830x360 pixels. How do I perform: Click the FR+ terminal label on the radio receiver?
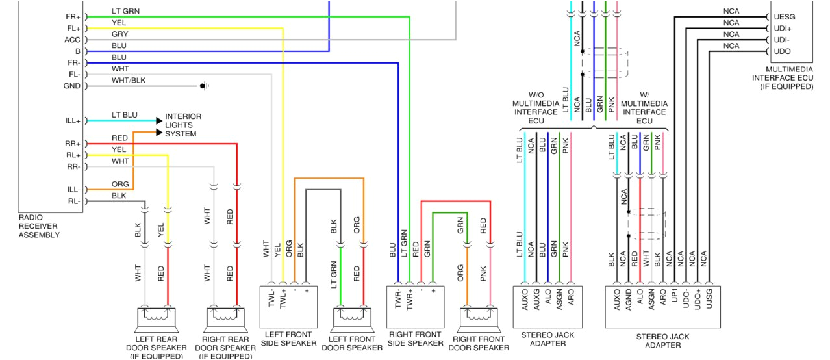[x=72, y=16]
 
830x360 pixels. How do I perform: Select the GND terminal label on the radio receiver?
[x=71, y=86]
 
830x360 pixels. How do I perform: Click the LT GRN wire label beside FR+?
[x=125, y=12]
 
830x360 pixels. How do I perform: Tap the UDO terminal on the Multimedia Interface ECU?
[x=783, y=51]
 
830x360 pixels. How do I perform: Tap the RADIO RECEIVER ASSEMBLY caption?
[x=39, y=225]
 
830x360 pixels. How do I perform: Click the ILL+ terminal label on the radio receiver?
[x=72, y=121]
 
